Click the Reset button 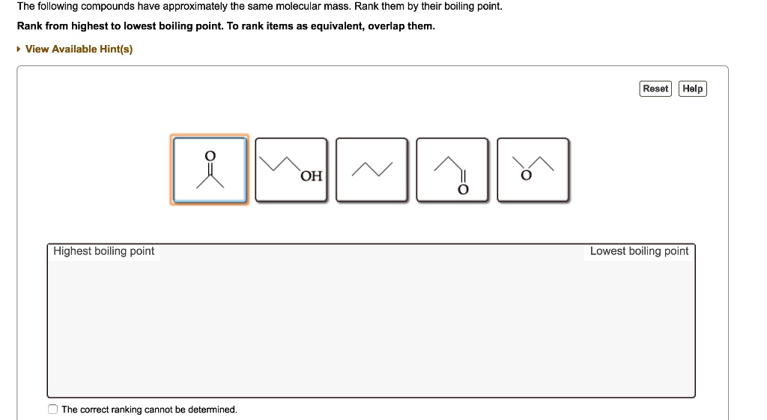[x=655, y=88]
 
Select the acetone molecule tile [x=210, y=170]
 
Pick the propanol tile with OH [x=291, y=170]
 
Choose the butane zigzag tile [x=372, y=170]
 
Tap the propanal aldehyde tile [x=452, y=170]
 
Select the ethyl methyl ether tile [x=533, y=170]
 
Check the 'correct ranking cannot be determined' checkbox [x=52, y=409]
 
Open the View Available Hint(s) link [x=79, y=49]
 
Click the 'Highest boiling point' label [x=104, y=251]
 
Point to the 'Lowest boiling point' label [x=639, y=251]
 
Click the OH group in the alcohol [x=311, y=176]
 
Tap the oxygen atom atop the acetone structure [x=210, y=154]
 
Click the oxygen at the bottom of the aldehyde [x=463, y=190]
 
